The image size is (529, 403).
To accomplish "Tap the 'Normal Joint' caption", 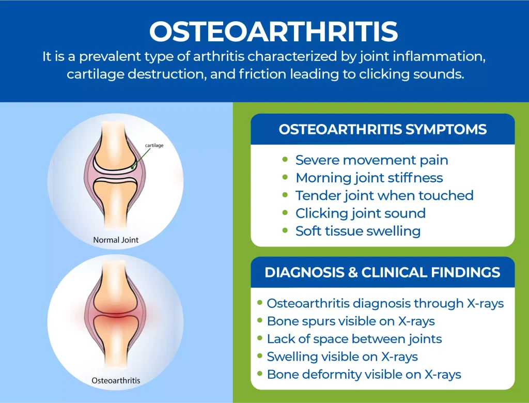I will tap(116, 240).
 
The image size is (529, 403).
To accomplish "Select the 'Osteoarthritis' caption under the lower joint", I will tap(116, 381).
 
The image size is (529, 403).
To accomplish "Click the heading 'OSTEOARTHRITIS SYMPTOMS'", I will tap(383, 129).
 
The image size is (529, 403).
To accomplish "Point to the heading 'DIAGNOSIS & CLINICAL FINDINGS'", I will tap(382, 272).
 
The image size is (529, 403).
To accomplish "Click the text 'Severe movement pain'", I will tap(371, 160).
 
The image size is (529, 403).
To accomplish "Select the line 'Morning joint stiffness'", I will tap(369, 178).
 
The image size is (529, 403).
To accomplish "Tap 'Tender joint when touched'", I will tap(384, 195).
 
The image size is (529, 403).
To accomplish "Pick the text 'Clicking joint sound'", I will tap(360, 213).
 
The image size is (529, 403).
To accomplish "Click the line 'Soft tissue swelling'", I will tap(357, 230).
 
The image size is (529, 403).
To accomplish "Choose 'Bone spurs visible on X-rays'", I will tap(351, 321).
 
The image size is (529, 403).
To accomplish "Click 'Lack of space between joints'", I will tap(354, 339).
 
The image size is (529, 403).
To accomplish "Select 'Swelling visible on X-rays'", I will tap(342, 357).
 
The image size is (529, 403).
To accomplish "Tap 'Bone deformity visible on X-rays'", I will tap(364, 374).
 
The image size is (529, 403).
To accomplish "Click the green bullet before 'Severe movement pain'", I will tap(285, 160).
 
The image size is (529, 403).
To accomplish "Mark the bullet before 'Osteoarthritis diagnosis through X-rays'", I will tap(260, 304).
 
